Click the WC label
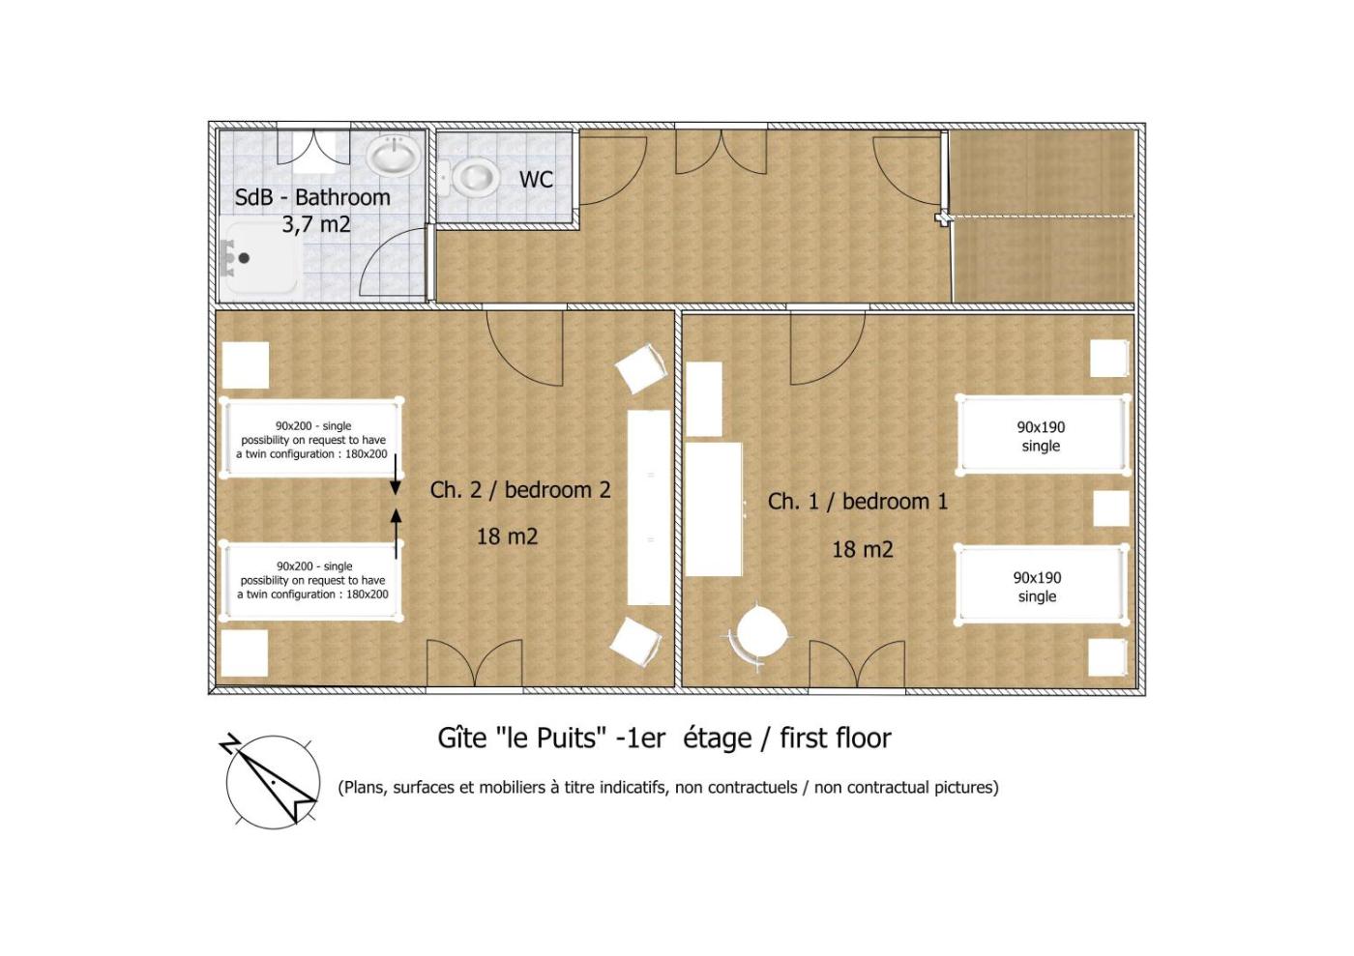coord(536,180)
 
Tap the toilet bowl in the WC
coord(476,177)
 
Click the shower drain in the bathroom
coord(244,258)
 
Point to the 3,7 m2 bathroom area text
coord(315,224)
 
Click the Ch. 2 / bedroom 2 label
coord(520,489)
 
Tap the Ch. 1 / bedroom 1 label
coord(858,501)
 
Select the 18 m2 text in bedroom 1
coord(863,549)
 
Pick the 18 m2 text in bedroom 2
coord(507,536)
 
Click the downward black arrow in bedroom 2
coord(396,475)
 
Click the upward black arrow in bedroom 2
coord(397,533)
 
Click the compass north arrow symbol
coord(270,779)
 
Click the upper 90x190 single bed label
coord(1041,436)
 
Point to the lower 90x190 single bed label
coord(1037,587)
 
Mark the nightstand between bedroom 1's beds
coord(1111,507)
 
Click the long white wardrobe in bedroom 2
coord(649,507)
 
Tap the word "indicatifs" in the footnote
coord(634,788)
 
